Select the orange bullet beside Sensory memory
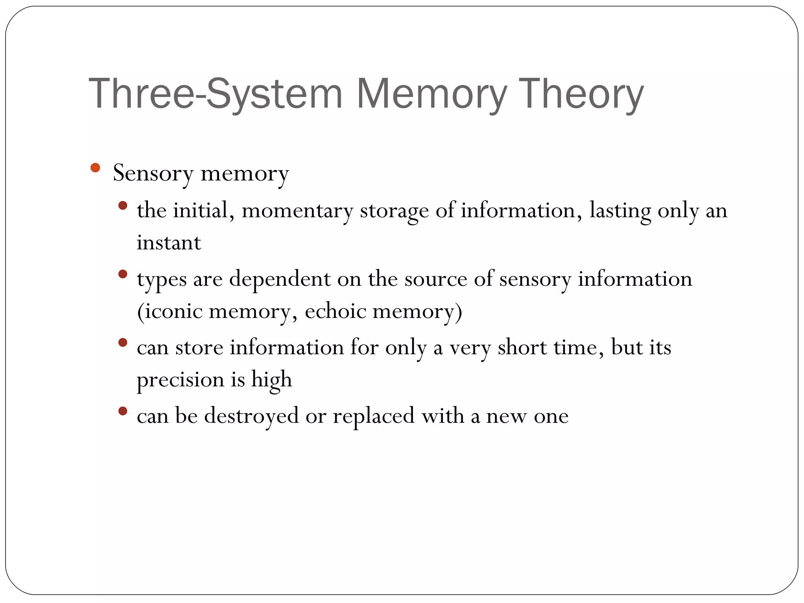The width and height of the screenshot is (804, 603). (x=95, y=168)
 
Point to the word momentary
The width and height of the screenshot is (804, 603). (x=297, y=211)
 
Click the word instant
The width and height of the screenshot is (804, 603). (x=169, y=243)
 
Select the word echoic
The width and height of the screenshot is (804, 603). (x=335, y=311)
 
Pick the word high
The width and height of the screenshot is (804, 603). (x=272, y=380)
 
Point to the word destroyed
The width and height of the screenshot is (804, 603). (x=251, y=416)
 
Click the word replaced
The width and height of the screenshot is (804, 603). (x=374, y=416)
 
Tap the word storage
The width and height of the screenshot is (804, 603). (x=394, y=211)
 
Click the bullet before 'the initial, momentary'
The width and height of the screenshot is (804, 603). (x=123, y=205)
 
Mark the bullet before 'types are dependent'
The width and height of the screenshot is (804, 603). (x=123, y=274)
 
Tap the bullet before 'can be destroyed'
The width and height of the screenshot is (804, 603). (x=123, y=411)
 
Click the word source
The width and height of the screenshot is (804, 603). (x=436, y=280)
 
